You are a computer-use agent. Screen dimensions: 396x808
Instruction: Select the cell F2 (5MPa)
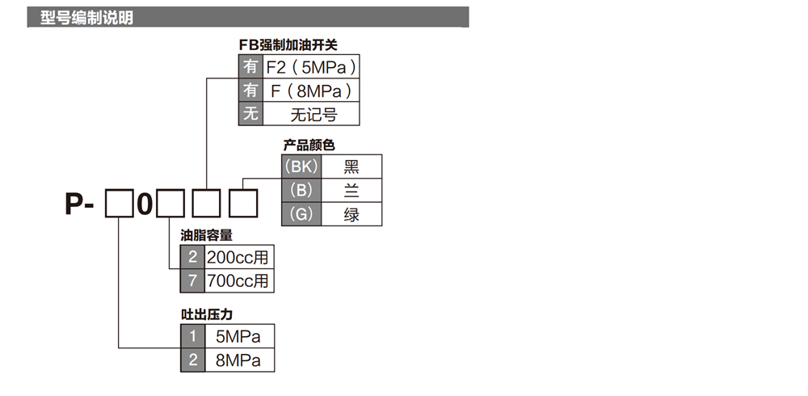(x=311, y=66)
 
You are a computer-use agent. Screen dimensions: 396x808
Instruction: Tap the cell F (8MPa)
(x=311, y=91)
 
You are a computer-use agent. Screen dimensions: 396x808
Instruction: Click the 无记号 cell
(x=312, y=114)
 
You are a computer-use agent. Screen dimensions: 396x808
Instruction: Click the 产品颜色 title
(x=309, y=145)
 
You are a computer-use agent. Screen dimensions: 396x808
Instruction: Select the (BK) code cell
(x=300, y=167)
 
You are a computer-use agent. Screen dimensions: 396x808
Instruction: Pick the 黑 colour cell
(x=351, y=167)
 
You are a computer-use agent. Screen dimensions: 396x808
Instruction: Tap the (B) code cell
(x=300, y=191)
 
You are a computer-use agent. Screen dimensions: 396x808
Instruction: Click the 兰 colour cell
(x=351, y=191)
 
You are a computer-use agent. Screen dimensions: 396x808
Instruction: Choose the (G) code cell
(x=300, y=214)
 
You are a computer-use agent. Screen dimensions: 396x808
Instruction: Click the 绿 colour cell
(x=351, y=214)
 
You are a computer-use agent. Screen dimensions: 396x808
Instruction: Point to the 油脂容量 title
(x=207, y=236)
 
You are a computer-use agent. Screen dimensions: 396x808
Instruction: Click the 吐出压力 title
(x=207, y=314)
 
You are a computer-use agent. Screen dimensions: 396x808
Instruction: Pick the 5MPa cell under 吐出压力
(x=239, y=336)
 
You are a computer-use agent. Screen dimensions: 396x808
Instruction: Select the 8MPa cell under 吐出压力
(x=239, y=360)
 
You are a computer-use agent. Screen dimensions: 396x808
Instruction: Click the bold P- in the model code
(x=80, y=204)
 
